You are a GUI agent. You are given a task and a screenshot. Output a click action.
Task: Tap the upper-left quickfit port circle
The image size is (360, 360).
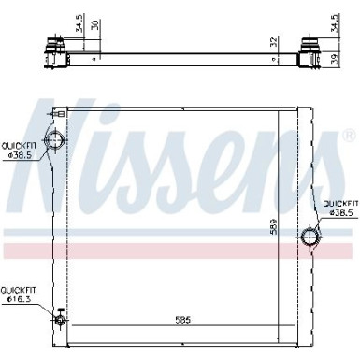point(56,142)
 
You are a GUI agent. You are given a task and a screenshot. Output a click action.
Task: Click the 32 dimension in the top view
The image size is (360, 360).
point(274,42)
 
